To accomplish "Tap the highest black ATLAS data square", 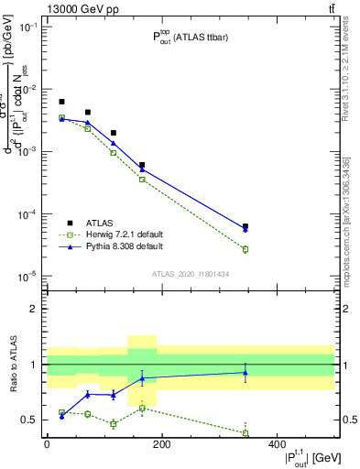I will click(61, 102).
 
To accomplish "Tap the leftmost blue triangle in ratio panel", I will click(61, 416).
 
